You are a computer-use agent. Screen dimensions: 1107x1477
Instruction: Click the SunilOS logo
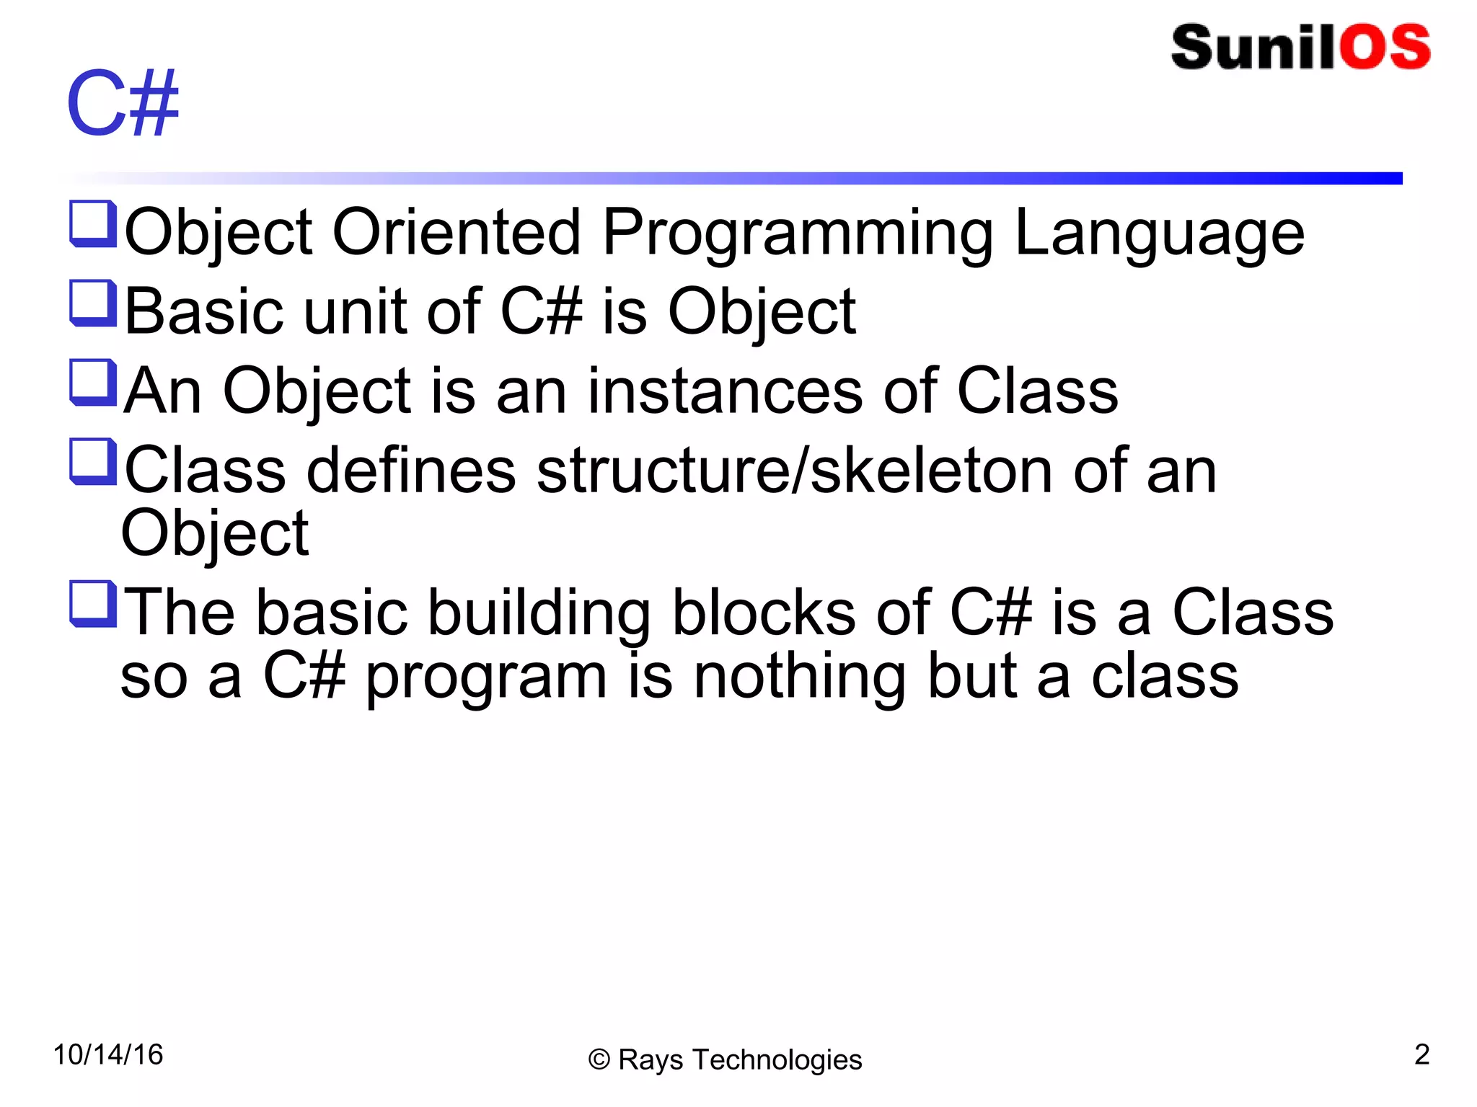1300,48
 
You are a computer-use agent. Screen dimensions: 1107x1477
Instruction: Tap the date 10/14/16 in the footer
108,1054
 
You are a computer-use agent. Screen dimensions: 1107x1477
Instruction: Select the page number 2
1421,1054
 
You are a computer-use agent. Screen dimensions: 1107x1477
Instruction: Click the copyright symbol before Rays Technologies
599,1060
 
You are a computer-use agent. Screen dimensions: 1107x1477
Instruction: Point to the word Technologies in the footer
777,1060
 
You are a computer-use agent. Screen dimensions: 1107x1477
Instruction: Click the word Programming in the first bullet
798,234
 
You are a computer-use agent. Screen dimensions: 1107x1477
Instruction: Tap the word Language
1159,234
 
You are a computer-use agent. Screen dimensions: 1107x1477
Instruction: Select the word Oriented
456,232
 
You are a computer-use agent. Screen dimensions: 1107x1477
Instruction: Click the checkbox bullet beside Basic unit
93,303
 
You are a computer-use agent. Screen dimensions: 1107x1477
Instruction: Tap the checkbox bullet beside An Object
93,383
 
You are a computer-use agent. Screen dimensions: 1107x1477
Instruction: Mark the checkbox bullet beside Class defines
93,462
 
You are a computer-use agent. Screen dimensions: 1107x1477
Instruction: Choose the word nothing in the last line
799,677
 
